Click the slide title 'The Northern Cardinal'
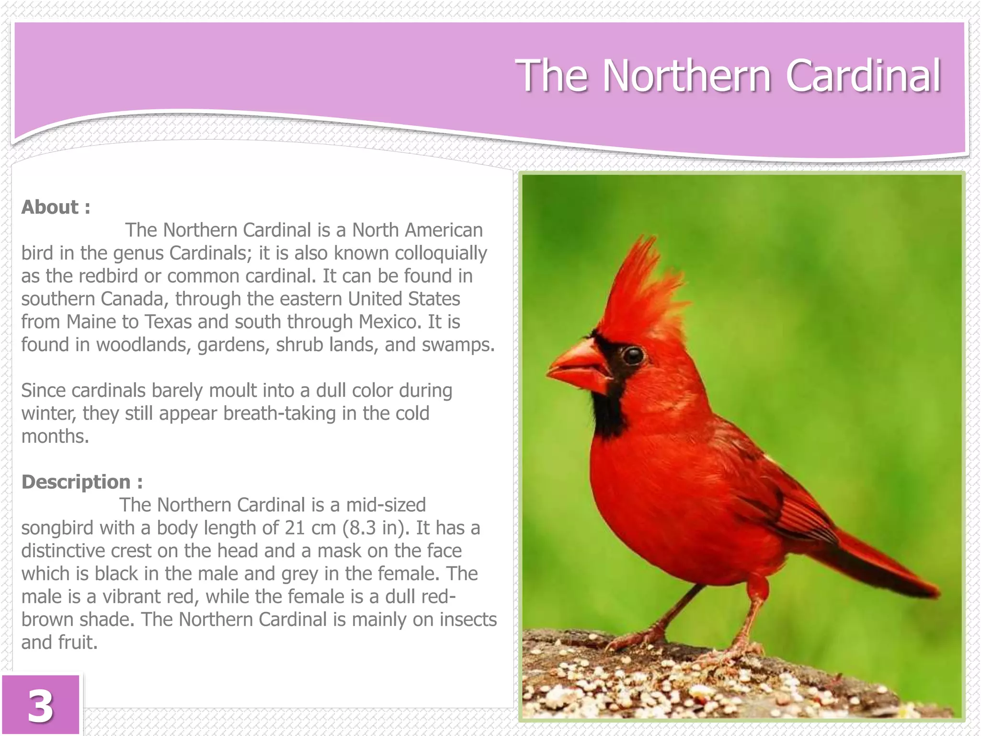pos(728,76)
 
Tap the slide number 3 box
pos(40,705)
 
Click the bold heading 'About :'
pos(56,207)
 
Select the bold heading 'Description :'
pos(82,482)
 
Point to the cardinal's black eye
pos(633,355)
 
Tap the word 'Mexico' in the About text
pos(390,322)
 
